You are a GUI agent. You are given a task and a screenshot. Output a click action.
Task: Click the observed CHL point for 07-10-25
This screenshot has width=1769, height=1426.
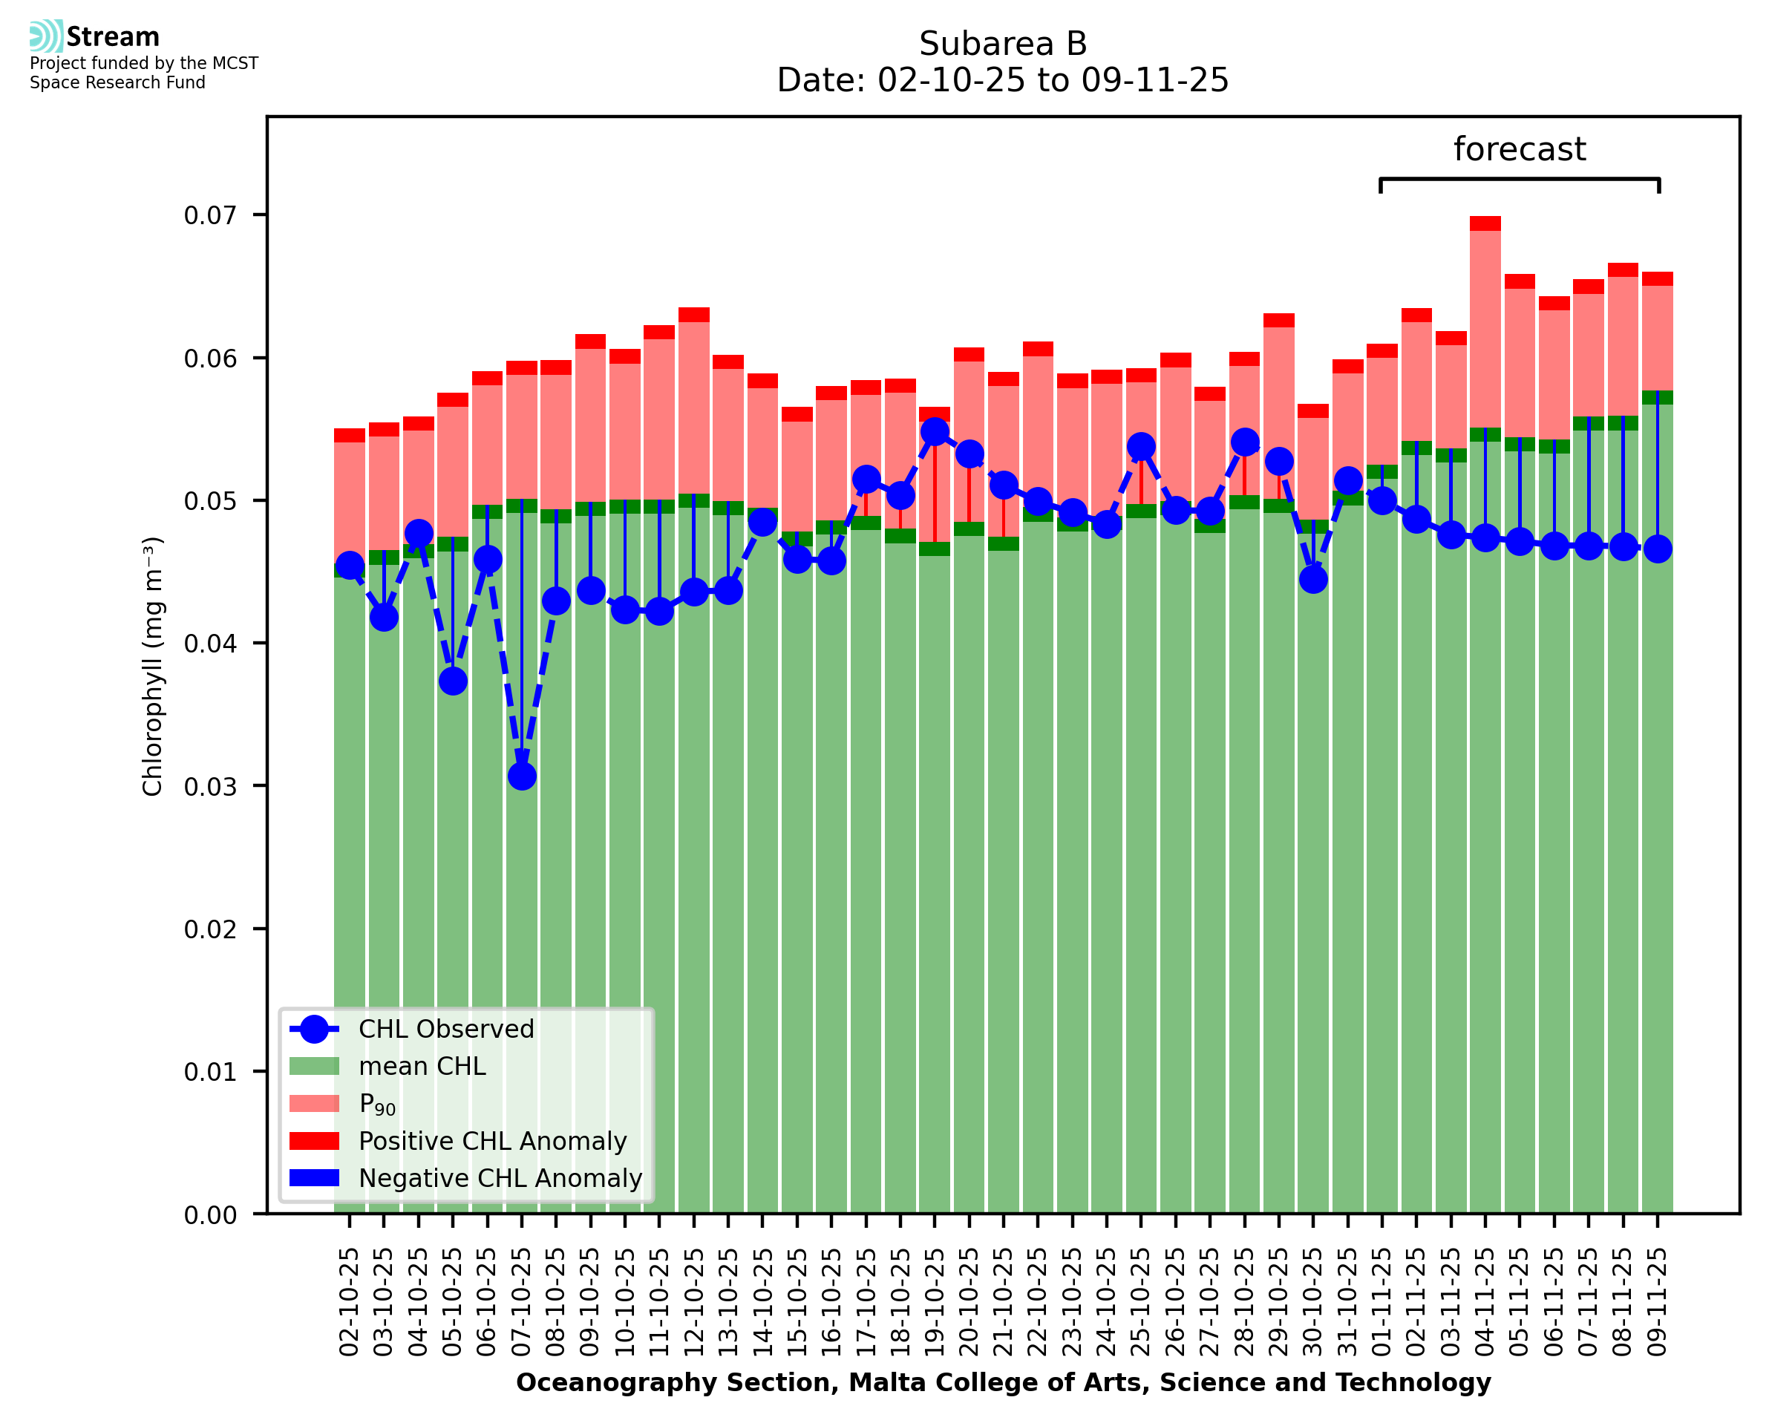click(x=522, y=776)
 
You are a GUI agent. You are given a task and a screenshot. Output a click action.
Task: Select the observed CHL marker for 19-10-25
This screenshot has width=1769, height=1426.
click(x=935, y=432)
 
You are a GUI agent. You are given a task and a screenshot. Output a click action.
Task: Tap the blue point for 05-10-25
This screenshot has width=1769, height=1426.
click(x=453, y=681)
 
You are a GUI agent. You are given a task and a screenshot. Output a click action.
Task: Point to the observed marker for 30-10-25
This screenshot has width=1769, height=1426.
click(x=1313, y=579)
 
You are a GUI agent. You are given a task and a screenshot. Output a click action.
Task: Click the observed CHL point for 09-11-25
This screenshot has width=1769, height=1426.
click(x=1658, y=549)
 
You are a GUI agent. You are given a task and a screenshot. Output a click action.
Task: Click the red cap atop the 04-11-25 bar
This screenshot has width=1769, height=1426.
click(x=1485, y=223)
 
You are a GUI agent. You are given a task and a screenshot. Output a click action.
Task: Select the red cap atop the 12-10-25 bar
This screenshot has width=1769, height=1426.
click(x=694, y=315)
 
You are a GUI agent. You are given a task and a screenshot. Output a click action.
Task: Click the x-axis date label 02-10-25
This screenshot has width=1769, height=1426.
click(x=349, y=1302)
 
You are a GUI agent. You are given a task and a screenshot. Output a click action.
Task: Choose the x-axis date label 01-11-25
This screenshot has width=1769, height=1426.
click(x=1382, y=1302)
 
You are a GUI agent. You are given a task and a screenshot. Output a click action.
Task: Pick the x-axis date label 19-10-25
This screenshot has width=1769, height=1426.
click(x=935, y=1302)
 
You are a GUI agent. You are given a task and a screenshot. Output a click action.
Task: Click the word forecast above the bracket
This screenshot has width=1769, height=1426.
click(x=1520, y=149)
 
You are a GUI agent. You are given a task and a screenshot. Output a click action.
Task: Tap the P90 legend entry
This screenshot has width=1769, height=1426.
click(x=377, y=1104)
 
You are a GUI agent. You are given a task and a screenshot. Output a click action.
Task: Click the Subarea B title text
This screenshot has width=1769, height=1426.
click(x=1003, y=44)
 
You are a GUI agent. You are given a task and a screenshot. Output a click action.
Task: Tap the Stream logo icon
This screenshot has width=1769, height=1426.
click(x=46, y=36)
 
